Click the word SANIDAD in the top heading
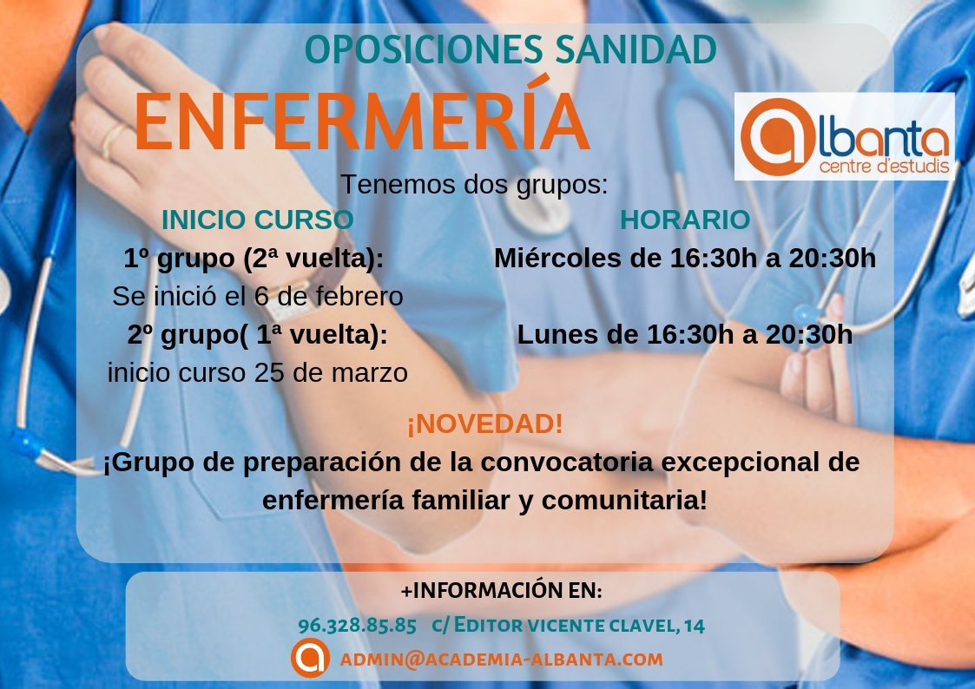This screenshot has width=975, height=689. [636, 49]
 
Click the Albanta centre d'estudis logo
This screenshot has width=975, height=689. [845, 137]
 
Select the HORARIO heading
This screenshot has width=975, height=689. [685, 220]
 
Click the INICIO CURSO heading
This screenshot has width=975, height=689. [258, 220]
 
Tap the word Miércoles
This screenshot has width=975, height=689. [557, 259]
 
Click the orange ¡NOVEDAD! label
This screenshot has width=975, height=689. [485, 423]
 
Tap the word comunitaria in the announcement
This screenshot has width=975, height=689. [624, 500]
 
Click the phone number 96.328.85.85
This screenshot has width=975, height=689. [357, 625]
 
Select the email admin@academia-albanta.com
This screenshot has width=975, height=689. [501, 659]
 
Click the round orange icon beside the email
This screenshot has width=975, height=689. [310, 658]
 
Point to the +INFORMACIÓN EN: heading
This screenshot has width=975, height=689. [501, 590]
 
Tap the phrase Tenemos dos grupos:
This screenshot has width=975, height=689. [474, 185]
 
